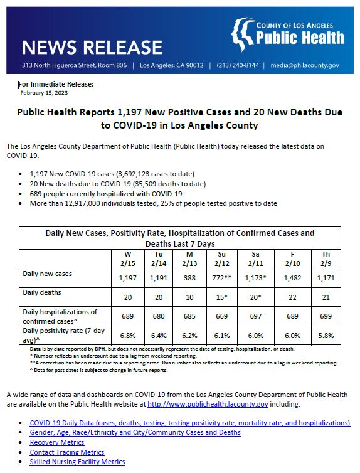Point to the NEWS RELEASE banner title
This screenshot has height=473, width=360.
click(92, 48)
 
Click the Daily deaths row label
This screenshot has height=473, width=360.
click(41, 293)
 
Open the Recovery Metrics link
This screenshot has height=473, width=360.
click(56, 442)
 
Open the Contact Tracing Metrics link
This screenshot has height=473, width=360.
click(66, 452)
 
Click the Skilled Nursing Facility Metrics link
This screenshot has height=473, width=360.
click(77, 462)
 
